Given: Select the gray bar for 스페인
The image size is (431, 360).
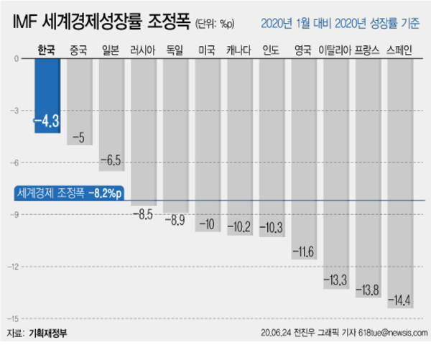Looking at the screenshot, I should pyautogui.click(x=399, y=180).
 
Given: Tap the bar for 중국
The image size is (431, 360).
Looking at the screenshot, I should pyautogui.click(x=80, y=101).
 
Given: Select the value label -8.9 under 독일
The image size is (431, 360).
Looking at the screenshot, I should pyautogui.click(x=175, y=218).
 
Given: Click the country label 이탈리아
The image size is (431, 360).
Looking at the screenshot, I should pyautogui.click(x=335, y=50).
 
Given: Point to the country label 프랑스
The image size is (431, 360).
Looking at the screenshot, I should pyautogui.click(x=367, y=50).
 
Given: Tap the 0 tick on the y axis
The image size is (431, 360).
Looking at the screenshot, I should pyautogui.click(x=16, y=58).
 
